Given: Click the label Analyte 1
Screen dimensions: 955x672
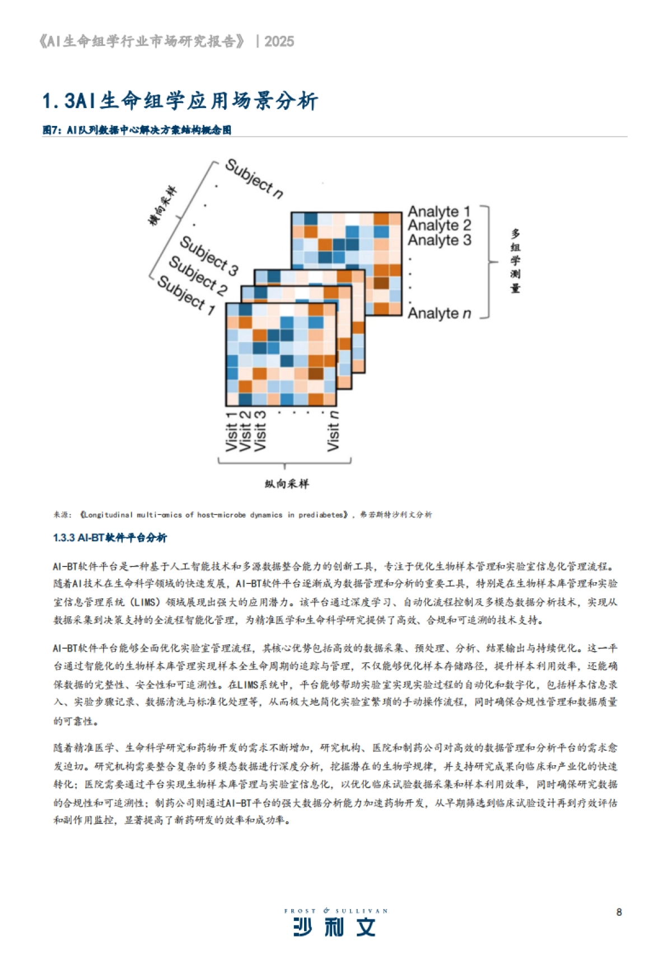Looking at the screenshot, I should click(439, 212).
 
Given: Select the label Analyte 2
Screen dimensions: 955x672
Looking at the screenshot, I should click(439, 226).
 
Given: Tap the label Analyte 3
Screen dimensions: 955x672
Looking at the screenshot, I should click(439, 240).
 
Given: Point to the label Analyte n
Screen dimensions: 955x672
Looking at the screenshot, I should click(439, 313).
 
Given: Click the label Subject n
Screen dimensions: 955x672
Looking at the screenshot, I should click(254, 179).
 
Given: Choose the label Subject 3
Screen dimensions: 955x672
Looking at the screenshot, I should click(209, 255).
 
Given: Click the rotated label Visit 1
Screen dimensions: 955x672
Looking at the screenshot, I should click(231, 431).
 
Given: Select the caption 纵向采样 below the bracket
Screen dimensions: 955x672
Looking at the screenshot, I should click(286, 484).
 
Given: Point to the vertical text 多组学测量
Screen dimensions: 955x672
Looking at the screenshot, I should click(515, 261).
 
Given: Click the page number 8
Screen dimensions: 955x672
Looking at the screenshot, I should click(619, 912).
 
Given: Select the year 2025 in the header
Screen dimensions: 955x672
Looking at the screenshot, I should click(279, 41).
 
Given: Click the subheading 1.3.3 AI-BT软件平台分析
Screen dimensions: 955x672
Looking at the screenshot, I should click(110, 538).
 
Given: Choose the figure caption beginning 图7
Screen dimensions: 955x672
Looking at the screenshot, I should click(137, 130).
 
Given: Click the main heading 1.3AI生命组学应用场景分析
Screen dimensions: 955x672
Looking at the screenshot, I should click(180, 101).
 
